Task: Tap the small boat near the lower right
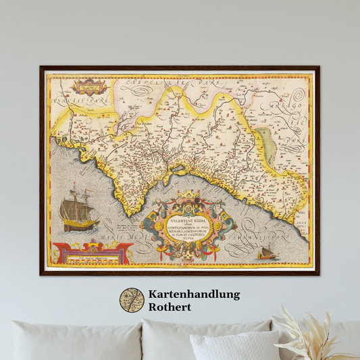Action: [x=268, y=253]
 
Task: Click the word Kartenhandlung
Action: [x=195, y=294]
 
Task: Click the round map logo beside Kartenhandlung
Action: [x=132, y=301]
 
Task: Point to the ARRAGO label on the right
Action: [x=297, y=106]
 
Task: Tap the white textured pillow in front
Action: [x=234, y=346]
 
